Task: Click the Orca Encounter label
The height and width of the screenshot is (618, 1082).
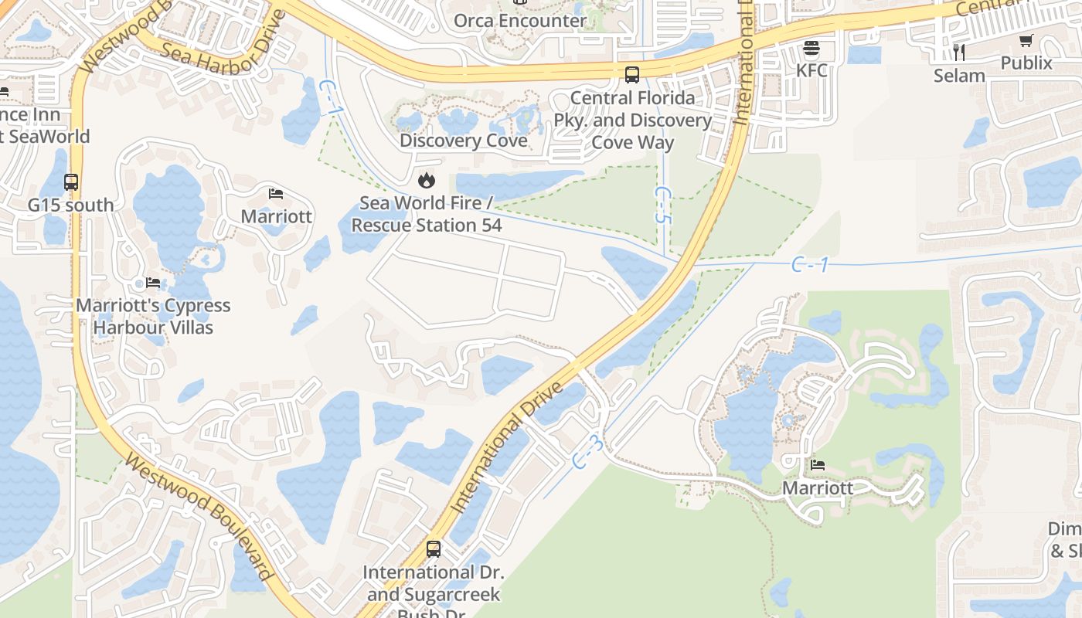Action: click(x=519, y=21)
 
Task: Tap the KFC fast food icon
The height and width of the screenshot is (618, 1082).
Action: click(x=811, y=49)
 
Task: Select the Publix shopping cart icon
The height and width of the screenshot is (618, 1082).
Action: click(x=1026, y=41)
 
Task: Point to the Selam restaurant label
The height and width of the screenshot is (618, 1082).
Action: click(x=959, y=76)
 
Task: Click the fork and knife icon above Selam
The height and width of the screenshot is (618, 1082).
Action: click(x=959, y=52)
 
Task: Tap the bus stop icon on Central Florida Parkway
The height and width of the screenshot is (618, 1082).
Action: click(x=632, y=75)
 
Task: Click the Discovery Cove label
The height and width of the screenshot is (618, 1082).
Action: click(x=464, y=141)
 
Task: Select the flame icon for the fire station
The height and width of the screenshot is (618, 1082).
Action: click(x=425, y=181)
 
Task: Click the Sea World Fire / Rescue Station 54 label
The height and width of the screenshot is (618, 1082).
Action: click(x=427, y=214)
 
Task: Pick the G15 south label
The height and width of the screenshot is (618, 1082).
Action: click(x=70, y=205)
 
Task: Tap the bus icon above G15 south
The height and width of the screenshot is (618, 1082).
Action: click(x=71, y=182)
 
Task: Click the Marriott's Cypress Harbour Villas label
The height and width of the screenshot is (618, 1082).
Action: click(x=153, y=316)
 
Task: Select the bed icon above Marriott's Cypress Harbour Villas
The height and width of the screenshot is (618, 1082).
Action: click(x=153, y=283)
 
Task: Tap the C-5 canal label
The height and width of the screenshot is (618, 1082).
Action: click(x=661, y=205)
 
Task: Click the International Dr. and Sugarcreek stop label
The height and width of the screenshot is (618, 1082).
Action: click(x=434, y=584)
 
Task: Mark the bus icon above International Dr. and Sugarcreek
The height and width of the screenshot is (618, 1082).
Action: click(x=434, y=549)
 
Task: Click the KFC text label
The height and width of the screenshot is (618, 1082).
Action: click(x=811, y=70)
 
